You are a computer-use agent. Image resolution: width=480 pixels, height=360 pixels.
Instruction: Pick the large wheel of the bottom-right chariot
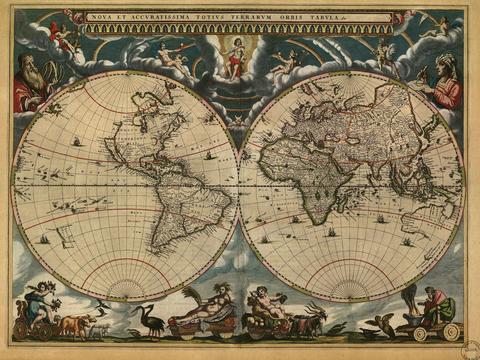[x=451, y=330]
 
